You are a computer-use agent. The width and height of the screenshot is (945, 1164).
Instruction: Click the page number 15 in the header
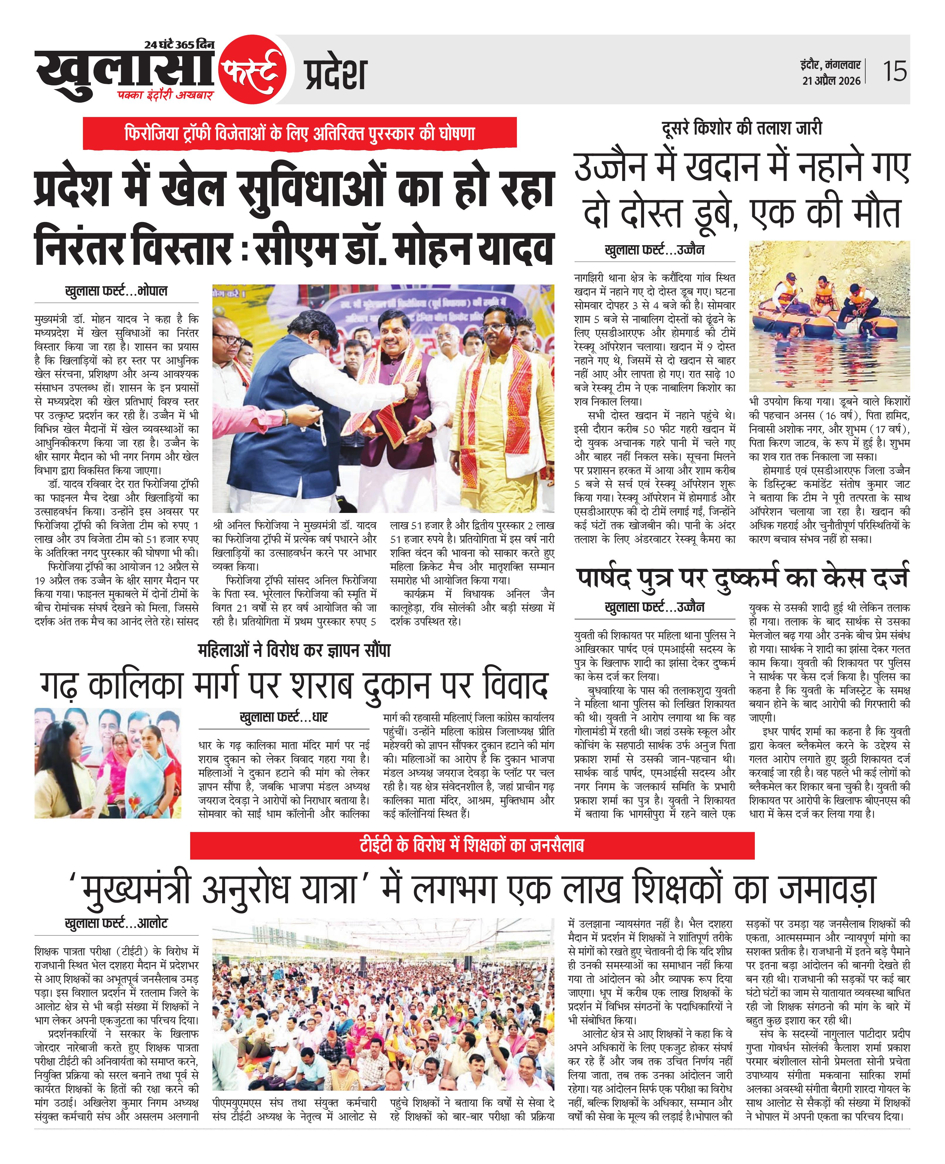point(894,71)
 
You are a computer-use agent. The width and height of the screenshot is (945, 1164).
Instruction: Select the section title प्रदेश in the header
point(334,74)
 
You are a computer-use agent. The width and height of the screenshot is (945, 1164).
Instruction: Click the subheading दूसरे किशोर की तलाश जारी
point(741,128)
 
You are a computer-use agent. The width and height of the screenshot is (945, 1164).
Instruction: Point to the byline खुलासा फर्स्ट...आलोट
point(116,923)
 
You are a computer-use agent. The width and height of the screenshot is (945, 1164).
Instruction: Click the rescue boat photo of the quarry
point(829,316)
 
